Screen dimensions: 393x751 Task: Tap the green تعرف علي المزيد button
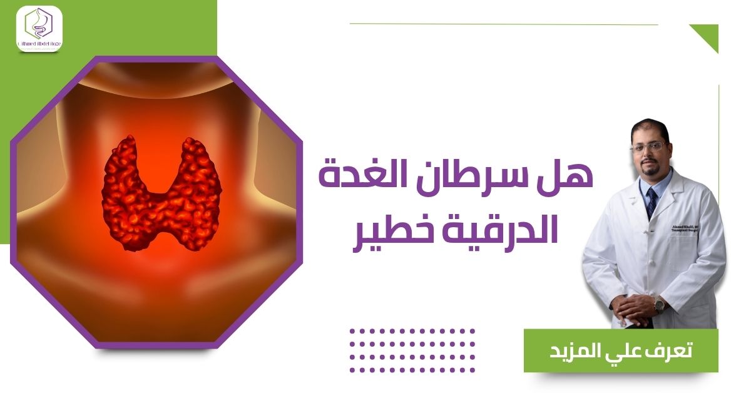click(621, 350)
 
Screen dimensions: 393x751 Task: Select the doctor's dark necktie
click(651, 200)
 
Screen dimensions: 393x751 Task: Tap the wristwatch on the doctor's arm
click(659, 305)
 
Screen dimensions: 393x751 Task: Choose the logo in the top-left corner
click(39, 28)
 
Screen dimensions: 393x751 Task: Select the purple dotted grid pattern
click(412, 350)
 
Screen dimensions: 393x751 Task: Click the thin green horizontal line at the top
click(504, 24)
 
